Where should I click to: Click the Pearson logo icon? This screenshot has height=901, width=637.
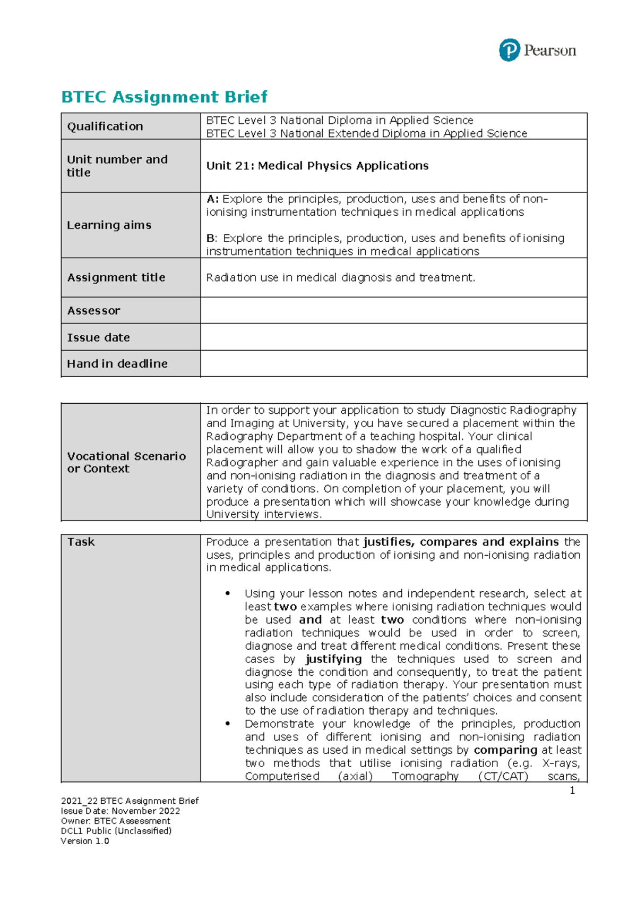509,50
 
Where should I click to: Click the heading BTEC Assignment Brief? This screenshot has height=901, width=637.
164,97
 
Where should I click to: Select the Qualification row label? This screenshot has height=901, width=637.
105,126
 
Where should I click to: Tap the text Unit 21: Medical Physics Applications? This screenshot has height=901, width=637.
317,166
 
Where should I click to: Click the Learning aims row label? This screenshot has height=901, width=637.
109,225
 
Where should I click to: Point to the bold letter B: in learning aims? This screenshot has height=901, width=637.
212,239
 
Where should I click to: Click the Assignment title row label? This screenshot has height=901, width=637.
116,277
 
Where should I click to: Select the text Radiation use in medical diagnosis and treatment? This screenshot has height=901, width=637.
340,277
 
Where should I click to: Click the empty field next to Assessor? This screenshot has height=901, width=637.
393,310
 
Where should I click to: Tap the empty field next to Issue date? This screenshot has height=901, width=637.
393,337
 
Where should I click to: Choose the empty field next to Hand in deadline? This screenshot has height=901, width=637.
393,363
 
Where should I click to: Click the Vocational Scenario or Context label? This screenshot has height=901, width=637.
126,462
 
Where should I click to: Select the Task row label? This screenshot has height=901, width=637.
81,542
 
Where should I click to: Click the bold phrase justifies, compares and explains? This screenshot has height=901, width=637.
461,542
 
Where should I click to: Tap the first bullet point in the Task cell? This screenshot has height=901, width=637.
228,593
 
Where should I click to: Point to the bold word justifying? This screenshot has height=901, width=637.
333,659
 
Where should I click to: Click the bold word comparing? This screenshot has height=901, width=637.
505,750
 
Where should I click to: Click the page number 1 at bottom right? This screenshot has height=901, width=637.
572,790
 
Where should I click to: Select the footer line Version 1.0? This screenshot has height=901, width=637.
85,841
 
